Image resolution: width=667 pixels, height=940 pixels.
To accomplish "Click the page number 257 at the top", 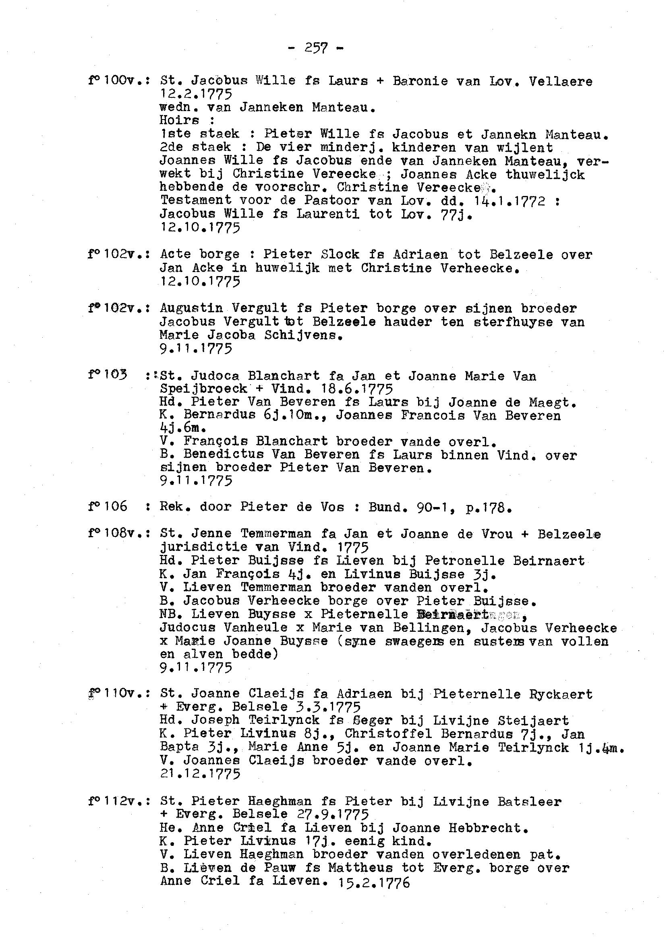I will point(316,49).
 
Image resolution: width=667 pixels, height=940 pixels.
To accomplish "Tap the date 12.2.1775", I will point(195,95).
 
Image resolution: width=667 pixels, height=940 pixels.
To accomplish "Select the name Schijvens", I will point(304,335).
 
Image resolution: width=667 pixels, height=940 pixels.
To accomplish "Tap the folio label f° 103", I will point(107,375).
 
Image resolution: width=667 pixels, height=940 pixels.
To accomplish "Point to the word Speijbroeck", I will point(203,389).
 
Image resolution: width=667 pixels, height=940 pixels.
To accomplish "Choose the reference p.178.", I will point(488,507).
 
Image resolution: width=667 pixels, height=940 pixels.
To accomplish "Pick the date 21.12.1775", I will point(200,774).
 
